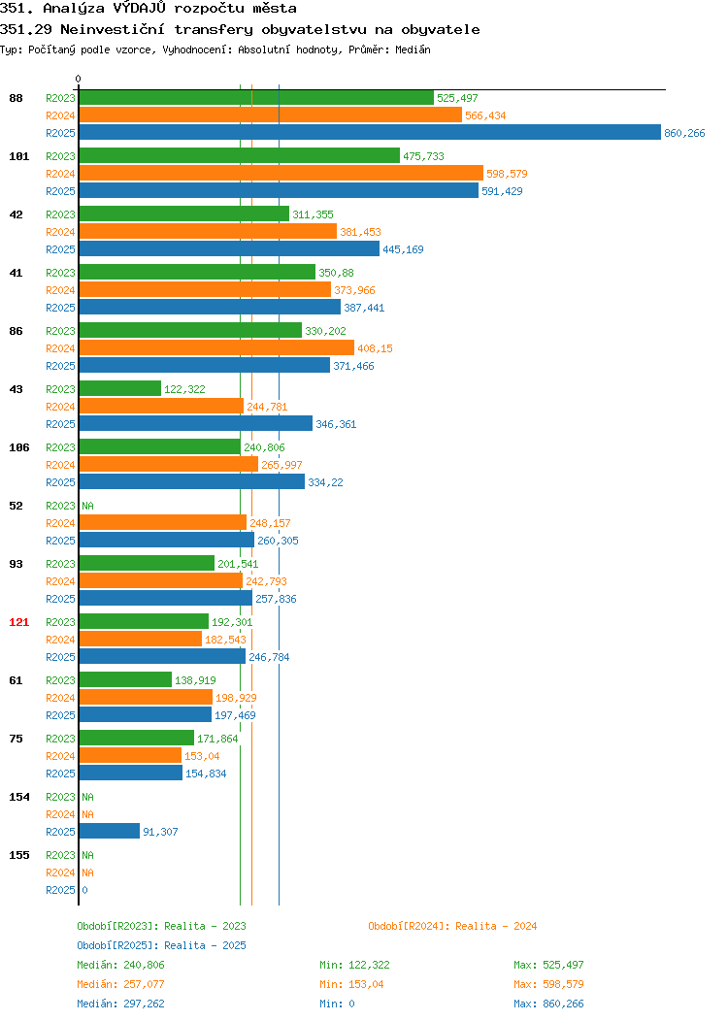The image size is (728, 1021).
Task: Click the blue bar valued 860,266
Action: [370, 132]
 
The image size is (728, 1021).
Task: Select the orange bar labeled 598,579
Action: [281, 173]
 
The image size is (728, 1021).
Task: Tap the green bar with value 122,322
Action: [119, 389]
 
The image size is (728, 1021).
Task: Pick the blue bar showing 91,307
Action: [110, 831]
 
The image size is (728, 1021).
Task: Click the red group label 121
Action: [18, 622]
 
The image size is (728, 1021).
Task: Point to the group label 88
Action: [16, 98]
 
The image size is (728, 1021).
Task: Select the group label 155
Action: [18, 855]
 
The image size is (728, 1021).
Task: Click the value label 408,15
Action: [375, 348]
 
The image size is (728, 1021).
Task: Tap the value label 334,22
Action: [325, 482]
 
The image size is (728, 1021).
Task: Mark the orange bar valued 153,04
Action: [130, 755]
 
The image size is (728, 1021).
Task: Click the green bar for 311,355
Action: [184, 214]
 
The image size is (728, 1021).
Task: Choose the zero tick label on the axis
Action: [79, 79]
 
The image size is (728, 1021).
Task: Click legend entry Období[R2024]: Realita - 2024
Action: [452, 926]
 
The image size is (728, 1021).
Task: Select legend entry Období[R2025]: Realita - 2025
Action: [161, 945]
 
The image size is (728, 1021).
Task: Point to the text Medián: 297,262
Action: [120, 1004]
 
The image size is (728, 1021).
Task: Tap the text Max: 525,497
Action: [549, 965]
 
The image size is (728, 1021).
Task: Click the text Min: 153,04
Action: [351, 984]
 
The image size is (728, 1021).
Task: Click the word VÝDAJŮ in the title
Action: [140, 9]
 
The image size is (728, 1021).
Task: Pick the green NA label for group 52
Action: [88, 506]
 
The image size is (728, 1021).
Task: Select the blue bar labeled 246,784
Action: [162, 656]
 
